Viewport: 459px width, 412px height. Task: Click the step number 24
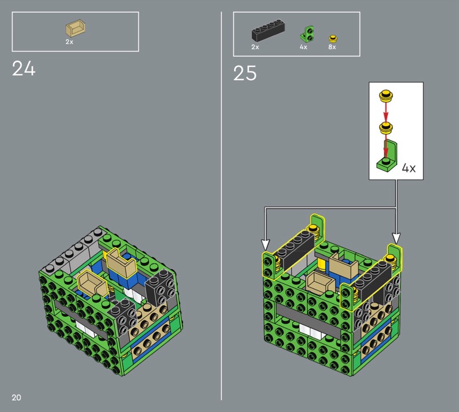click(x=24, y=68)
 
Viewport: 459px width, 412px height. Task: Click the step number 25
click(x=245, y=73)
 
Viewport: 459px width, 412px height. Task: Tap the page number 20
click(x=17, y=397)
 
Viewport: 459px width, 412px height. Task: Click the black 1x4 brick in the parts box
click(x=269, y=30)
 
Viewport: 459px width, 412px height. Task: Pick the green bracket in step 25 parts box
click(x=307, y=34)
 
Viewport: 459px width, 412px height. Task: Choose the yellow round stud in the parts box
click(x=332, y=38)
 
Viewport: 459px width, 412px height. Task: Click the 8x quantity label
click(x=332, y=47)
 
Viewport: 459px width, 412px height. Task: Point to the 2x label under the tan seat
click(x=69, y=42)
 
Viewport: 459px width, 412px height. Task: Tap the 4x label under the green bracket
click(x=304, y=47)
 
